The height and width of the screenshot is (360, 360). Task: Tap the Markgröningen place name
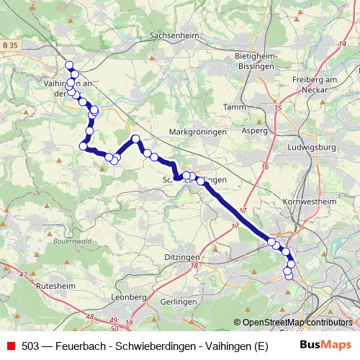coord(197,132)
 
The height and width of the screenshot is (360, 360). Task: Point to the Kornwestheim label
coord(310,202)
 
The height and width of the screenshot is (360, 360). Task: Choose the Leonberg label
coord(130,296)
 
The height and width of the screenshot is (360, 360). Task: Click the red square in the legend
coord(10,346)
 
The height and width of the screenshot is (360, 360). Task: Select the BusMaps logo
coord(325,346)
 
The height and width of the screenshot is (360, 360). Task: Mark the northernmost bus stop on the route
coord(70,66)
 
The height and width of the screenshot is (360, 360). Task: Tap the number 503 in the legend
coord(30,346)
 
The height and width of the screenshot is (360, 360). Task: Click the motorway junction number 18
coord(194,266)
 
